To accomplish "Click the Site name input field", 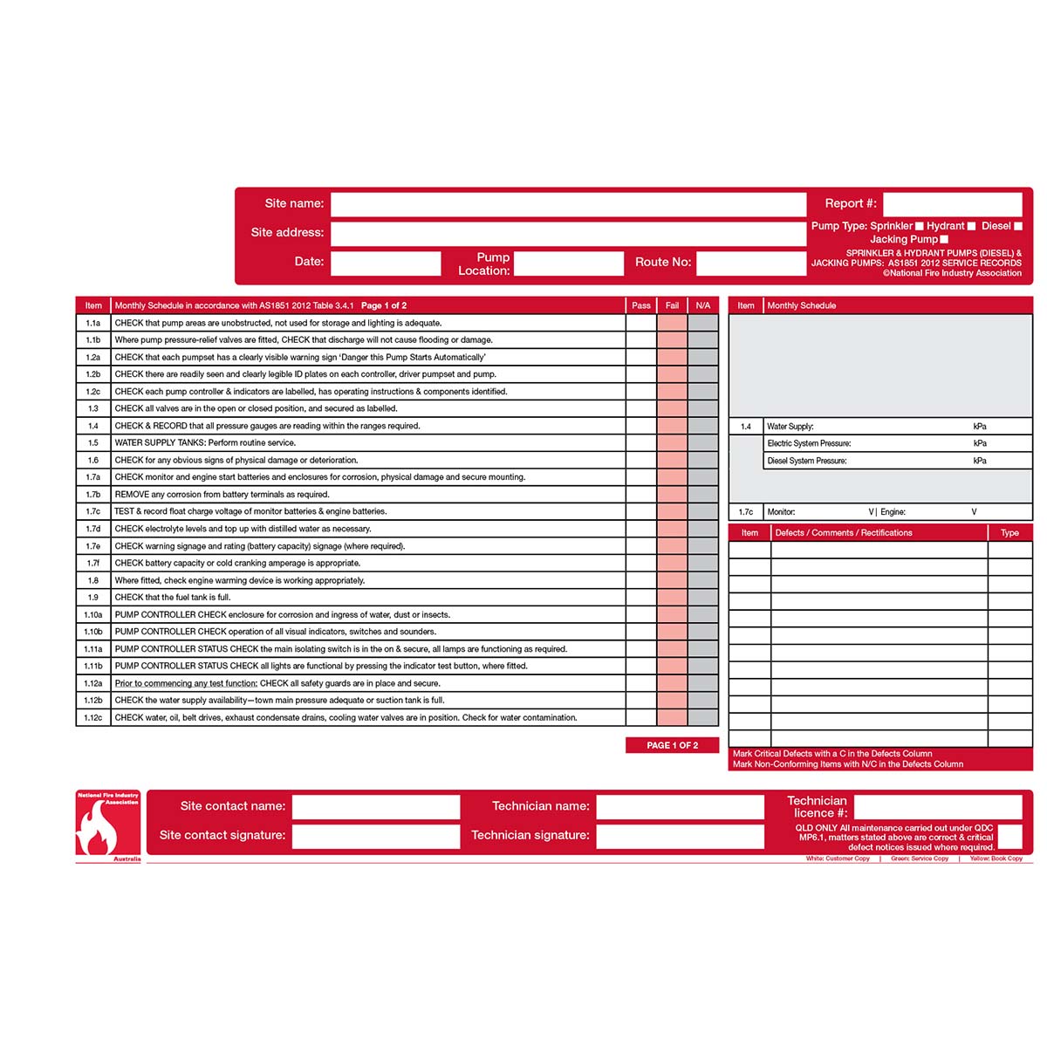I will pyautogui.click(x=568, y=204).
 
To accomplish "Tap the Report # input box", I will pyautogui.click(x=952, y=204).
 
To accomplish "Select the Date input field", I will pyautogui.click(x=386, y=263).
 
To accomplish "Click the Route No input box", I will pyautogui.click(x=750, y=263).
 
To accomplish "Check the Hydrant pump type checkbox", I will pyautogui.click(x=971, y=226).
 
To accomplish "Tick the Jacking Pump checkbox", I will pyautogui.click(x=944, y=239).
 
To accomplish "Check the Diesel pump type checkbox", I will pyautogui.click(x=1017, y=226).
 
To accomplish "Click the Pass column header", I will pyautogui.click(x=641, y=305).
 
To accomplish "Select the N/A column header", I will pyautogui.click(x=703, y=305).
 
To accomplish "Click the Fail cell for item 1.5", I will pyautogui.click(x=672, y=443).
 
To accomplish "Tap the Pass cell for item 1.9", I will pyautogui.click(x=641, y=598).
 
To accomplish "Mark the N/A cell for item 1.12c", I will pyautogui.click(x=703, y=718).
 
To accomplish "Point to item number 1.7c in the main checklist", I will pyautogui.click(x=93, y=512).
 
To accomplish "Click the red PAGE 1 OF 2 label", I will pyautogui.click(x=673, y=746).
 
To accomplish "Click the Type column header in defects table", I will pyautogui.click(x=1009, y=533).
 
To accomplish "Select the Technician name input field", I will pyautogui.click(x=680, y=807).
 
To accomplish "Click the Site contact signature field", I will pyautogui.click(x=375, y=836).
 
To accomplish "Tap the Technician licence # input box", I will pyautogui.click(x=937, y=807).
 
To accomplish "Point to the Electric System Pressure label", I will pyautogui.click(x=809, y=444).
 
